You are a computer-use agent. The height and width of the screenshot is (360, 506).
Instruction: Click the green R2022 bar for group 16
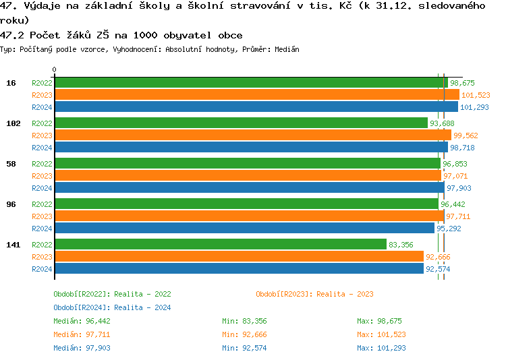(250, 82)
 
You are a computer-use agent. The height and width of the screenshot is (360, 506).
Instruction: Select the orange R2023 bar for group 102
(252, 135)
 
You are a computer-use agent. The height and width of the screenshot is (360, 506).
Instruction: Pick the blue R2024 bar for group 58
(249, 187)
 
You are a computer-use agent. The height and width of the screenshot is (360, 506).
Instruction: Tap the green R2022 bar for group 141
(220, 244)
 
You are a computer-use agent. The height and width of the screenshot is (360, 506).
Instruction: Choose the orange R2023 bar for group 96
(249, 216)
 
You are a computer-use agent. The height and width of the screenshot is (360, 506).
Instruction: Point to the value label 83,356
(401, 245)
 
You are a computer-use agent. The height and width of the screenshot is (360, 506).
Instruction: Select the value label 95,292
(449, 229)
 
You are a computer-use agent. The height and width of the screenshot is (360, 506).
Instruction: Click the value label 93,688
(442, 123)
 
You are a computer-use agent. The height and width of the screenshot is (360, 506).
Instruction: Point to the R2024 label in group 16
(42, 107)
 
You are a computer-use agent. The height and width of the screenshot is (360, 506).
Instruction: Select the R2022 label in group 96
(42, 204)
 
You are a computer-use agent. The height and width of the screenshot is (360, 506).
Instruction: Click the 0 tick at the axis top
(55, 69)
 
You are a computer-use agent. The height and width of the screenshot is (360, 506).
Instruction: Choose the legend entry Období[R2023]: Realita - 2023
(314, 294)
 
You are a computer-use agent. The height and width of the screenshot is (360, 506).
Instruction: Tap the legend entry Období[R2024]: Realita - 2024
(112, 307)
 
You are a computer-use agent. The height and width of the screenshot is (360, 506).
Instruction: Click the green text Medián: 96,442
(82, 321)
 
